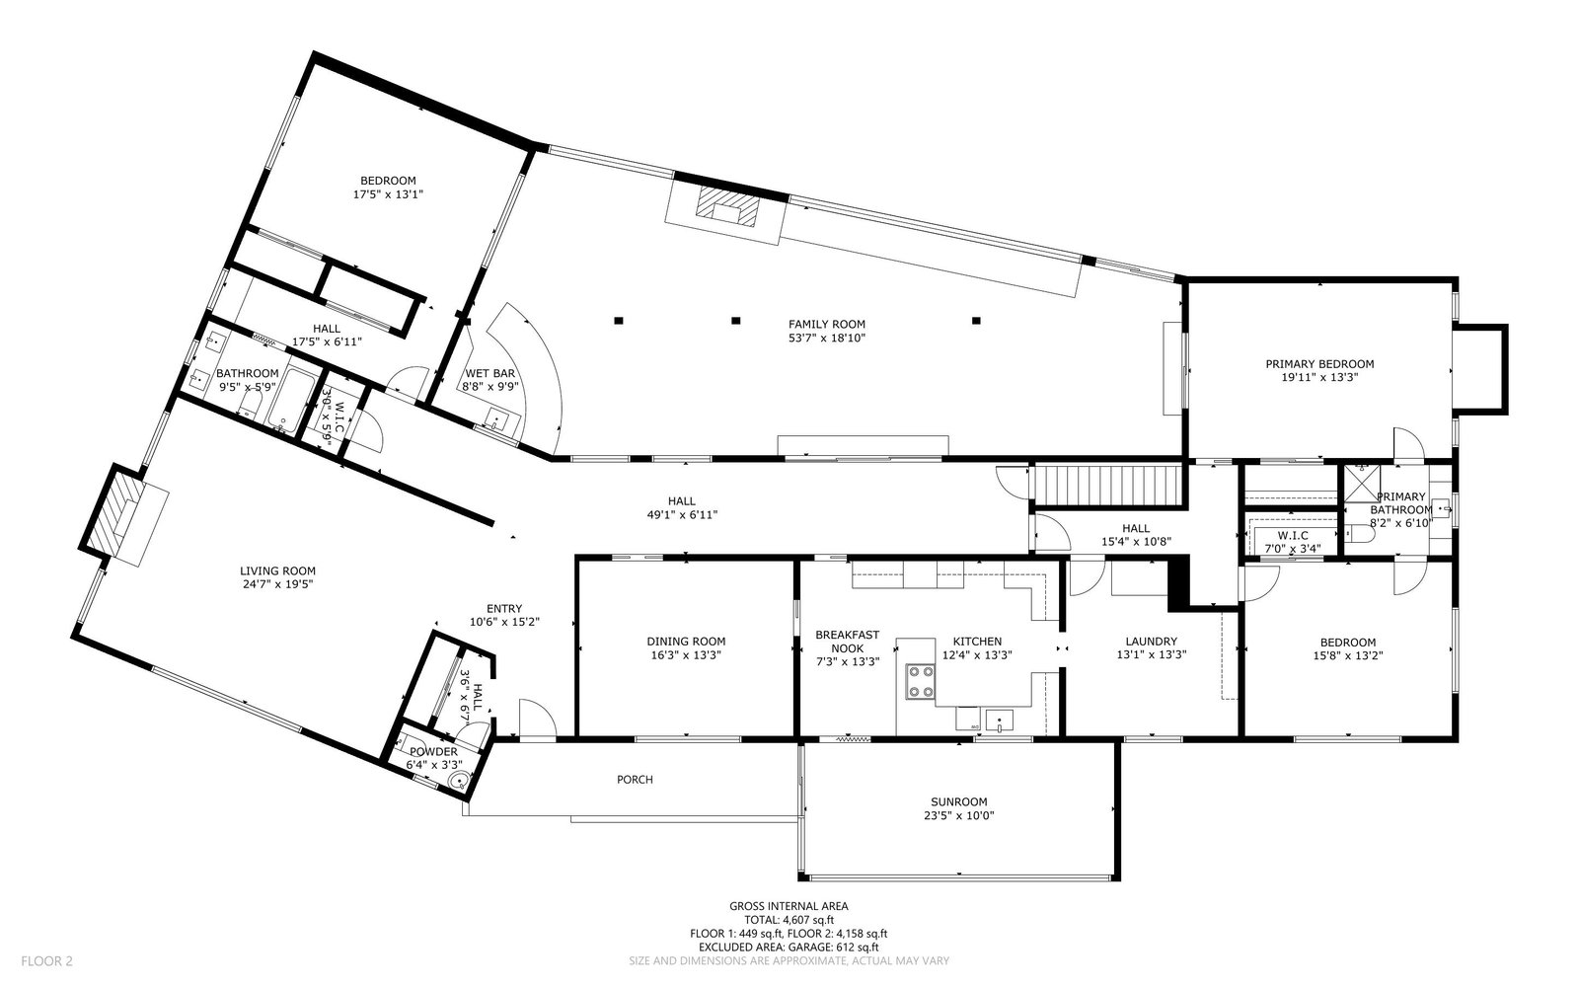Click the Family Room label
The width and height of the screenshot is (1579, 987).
tap(827, 325)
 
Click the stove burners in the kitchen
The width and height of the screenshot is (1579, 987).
tap(920, 681)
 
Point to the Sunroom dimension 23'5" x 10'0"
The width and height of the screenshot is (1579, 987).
tap(958, 815)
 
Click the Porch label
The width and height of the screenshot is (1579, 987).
tap(635, 779)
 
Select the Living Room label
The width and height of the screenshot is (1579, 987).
tap(277, 571)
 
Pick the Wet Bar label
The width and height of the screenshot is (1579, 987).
tap(489, 373)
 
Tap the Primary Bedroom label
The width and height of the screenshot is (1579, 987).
tap(1319, 364)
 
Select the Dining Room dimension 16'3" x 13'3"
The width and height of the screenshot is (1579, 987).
tap(686, 655)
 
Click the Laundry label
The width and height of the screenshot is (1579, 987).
tap(1151, 642)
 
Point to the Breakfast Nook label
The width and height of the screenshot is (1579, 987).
tap(848, 642)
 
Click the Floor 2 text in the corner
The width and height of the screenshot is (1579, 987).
tap(46, 961)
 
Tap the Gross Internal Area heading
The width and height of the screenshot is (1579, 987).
tap(789, 906)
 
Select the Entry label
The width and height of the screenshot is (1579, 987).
tap(504, 608)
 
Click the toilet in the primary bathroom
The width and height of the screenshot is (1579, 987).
tap(1358, 535)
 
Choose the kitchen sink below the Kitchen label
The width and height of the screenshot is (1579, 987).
tap(999, 721)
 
